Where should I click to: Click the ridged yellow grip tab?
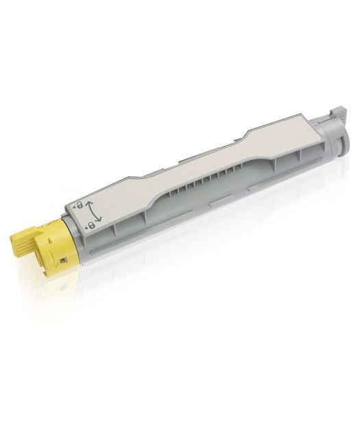21,243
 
